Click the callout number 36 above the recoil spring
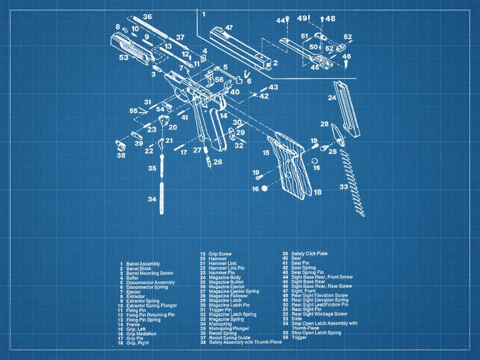[x=147, y=17]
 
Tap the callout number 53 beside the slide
[x=124, y=57]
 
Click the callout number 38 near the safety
[x=121, y=156]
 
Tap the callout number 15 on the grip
[x=266, y=153]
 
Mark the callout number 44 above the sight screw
[x=280, y=20]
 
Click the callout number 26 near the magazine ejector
[x=217, y=161]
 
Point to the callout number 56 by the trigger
[x=219, y=80]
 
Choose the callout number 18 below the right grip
[x=317, y=192]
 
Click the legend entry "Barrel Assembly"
[x=143, y=264]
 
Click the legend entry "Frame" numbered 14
[x=132, y=324]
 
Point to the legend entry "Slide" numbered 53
[x=297, y=319]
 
